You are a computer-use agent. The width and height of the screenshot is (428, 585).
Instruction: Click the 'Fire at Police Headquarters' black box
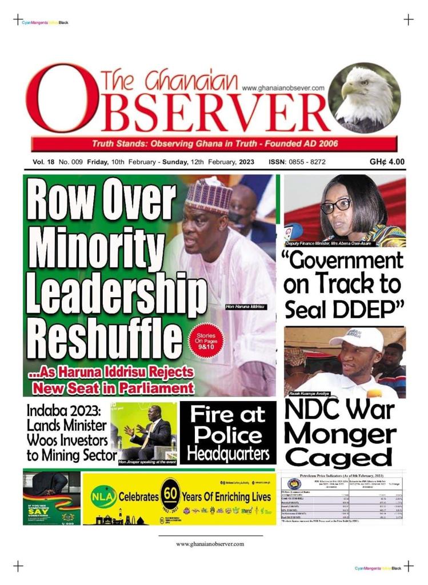pyautogui.click(x=228, y=433)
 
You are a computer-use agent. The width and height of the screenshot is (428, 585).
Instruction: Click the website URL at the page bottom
pyautogui.click(x=210, y=544)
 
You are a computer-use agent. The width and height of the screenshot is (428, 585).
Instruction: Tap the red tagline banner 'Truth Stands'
pyautogui.click(x=213, y=143)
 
